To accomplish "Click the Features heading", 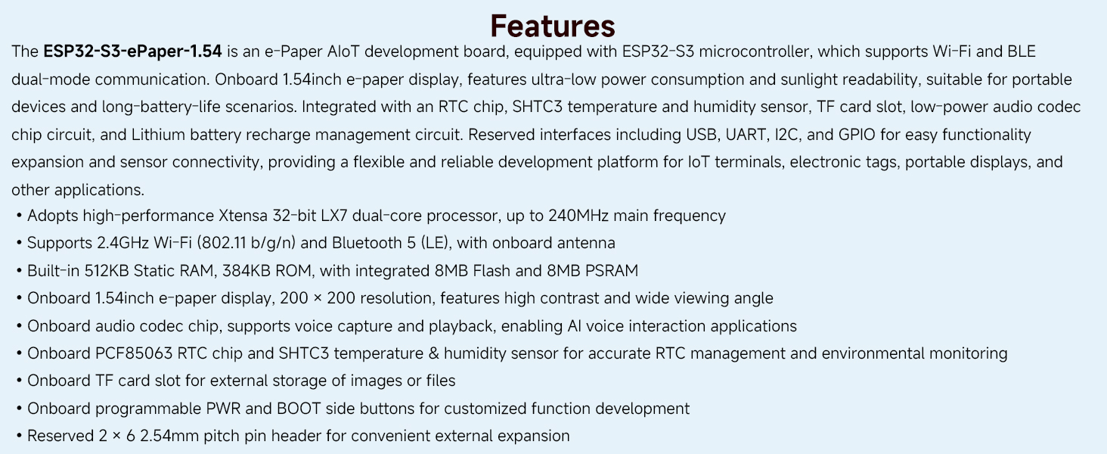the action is [x=553, y=26].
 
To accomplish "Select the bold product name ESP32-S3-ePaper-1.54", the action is [x=132, y=51].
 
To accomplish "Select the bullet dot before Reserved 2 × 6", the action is [x=19, y=436].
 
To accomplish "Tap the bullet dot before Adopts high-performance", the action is [x=19, y=216].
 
